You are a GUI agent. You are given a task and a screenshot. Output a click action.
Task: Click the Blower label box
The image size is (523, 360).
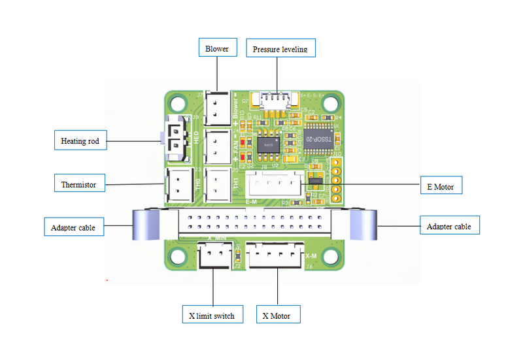[x=217, y=48]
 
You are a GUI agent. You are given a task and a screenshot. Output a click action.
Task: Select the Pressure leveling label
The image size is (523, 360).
[x=279, y=49]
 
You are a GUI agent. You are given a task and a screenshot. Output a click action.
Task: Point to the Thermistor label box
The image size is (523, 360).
[x=78, y=184]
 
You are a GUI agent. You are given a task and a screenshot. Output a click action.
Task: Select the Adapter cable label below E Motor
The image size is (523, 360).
[x=448, y=226]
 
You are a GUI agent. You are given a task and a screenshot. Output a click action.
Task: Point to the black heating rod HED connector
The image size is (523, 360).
[x=177, y=138]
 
